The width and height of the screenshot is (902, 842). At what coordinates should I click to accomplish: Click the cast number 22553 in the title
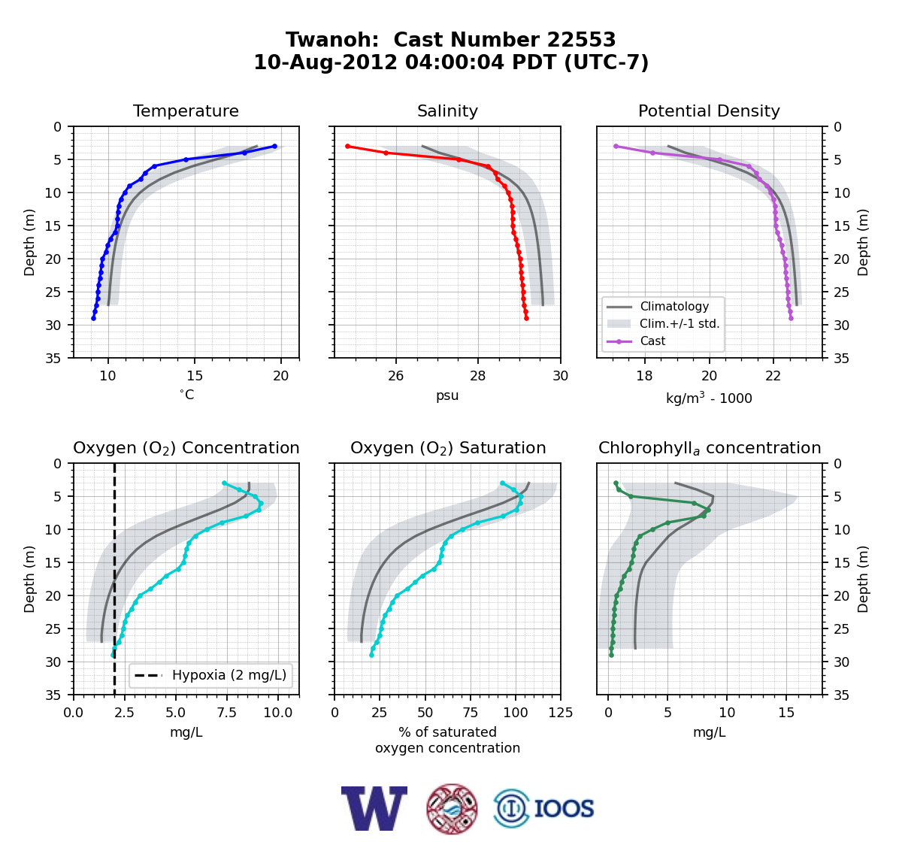pos(580,40)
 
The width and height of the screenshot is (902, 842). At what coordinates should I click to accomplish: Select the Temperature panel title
pos(186,111)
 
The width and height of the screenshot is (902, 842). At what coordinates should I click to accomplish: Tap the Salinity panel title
pos(447,111)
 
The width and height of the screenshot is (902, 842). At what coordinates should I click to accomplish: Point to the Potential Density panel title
pos(709,111)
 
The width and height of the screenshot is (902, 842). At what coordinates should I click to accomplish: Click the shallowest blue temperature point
pos(275,147)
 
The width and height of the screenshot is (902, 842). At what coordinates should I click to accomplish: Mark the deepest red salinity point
pos(526,319)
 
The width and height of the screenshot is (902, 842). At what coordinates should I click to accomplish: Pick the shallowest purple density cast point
pos(616,147)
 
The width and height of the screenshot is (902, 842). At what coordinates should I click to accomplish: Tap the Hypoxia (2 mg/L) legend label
pos(229,675)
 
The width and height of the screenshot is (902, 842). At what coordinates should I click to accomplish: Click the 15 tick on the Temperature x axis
pos(195,376)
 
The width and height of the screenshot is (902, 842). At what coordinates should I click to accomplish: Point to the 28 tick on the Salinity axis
pos(478,376)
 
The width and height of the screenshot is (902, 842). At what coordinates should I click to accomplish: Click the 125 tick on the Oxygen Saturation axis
pos(561,713)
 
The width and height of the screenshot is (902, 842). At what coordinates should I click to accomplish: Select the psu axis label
pos(447,395)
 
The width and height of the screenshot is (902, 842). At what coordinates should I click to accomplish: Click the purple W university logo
pos(374,808)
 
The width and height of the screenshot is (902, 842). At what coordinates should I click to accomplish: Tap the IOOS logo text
pos(564,808)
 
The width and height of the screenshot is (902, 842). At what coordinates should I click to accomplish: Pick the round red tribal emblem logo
pos(452,809)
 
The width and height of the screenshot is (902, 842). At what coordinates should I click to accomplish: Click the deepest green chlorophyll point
pos(611,656)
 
